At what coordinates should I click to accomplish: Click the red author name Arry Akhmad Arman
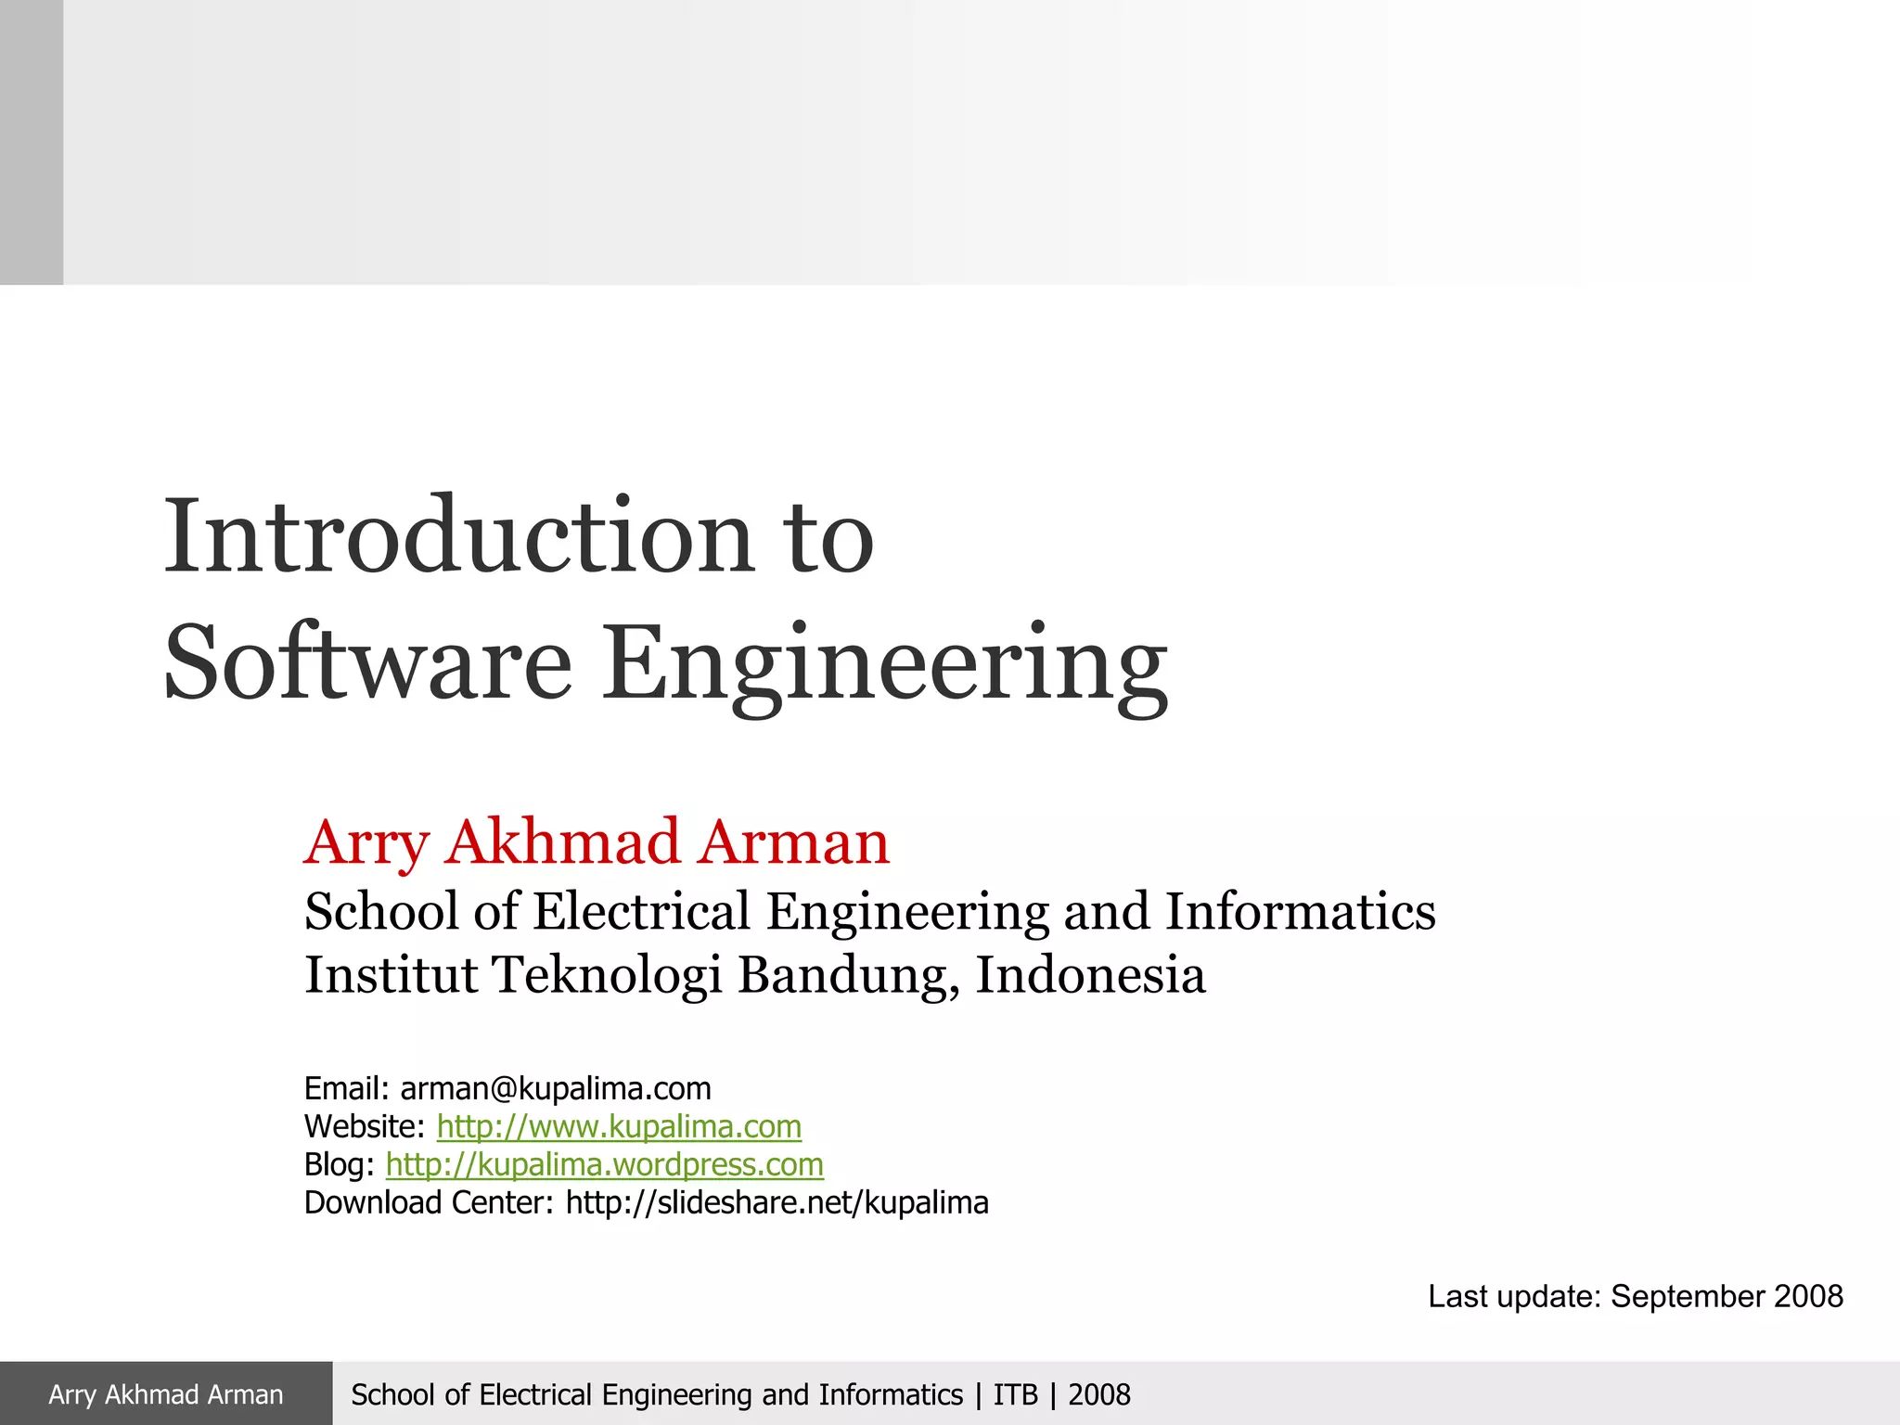click(597, 842)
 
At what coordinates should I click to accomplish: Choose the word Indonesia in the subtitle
click(1090, 974)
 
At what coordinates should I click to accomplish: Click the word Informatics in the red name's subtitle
click(1301, 911)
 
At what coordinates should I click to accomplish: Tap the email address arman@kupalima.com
click(556, 1088)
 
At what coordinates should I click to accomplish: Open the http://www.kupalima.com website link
click(619, 1126)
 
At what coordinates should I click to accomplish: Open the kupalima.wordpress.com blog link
click(605, 1164)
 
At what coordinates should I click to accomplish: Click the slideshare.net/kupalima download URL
click(777, 1202)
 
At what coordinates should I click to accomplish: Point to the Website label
click(364, 1126)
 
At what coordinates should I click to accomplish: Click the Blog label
click(339, 1164)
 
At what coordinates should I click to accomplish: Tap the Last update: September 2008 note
click(1635, 1296)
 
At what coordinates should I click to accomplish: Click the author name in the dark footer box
click(166, 1394)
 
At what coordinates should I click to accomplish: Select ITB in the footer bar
click(1015, 1394)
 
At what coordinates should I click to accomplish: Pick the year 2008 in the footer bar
click(1099, 1394)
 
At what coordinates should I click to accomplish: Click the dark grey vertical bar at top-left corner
click(32, 142)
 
